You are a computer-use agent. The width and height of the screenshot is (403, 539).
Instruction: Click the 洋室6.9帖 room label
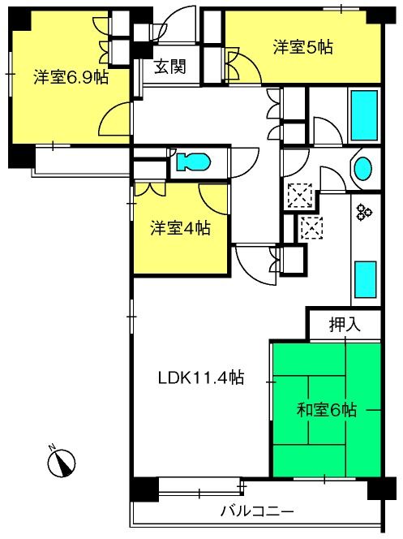71,77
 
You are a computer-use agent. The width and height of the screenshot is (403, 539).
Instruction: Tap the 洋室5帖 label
302,47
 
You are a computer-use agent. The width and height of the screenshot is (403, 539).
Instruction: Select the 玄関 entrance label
170,67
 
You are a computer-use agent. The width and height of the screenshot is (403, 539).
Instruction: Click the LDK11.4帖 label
201,377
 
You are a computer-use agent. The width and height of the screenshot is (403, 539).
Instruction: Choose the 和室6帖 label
327,409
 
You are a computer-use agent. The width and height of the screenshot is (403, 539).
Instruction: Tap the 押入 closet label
345,324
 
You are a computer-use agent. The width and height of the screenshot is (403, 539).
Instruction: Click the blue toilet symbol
193,162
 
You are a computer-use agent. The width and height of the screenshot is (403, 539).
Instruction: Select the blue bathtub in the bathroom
365,115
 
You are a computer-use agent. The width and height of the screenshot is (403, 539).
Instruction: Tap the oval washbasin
362,169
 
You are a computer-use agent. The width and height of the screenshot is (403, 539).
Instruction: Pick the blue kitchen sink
365,279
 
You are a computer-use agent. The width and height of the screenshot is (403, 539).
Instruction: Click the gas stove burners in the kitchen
364,211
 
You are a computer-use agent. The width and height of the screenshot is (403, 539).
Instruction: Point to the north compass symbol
62,462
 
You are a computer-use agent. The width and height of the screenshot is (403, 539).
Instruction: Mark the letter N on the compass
52,447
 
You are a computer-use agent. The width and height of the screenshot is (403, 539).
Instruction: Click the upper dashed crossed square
300,196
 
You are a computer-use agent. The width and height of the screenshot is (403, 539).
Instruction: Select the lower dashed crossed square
311,228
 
